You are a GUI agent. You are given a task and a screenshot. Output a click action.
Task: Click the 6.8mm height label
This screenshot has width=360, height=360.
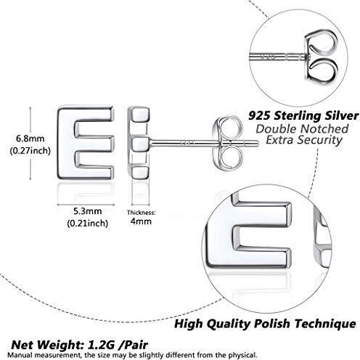[x=30, y=139]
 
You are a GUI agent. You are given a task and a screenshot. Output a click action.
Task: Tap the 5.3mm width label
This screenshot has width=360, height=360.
[x=88, y=211]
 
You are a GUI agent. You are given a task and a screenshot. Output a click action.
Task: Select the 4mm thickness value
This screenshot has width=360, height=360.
[x=141, y=221]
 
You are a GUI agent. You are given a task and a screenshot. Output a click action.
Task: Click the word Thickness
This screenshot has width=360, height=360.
[x=142, y=213]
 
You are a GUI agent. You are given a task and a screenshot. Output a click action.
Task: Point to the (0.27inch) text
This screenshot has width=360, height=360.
[x=30, y=151]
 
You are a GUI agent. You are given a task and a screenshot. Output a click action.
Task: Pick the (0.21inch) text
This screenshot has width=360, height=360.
[x=88, y=223]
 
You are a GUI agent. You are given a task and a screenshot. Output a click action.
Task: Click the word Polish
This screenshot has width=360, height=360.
[x=272, y=324]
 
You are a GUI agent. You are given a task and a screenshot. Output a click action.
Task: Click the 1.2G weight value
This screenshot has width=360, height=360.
[x=101, y=345]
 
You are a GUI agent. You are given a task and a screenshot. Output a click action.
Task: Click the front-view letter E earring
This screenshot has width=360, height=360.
[x=86, y=143]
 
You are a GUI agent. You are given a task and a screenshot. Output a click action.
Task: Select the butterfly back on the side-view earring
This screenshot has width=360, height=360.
[x=227, y=143]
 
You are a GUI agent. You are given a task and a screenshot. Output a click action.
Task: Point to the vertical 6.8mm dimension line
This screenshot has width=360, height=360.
[x=30, y=143]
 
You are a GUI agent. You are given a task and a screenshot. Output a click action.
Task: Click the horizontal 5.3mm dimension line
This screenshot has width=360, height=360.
[x=86, y=205]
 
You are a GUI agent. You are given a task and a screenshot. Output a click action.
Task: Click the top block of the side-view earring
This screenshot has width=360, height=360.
[x=139, y=115]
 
